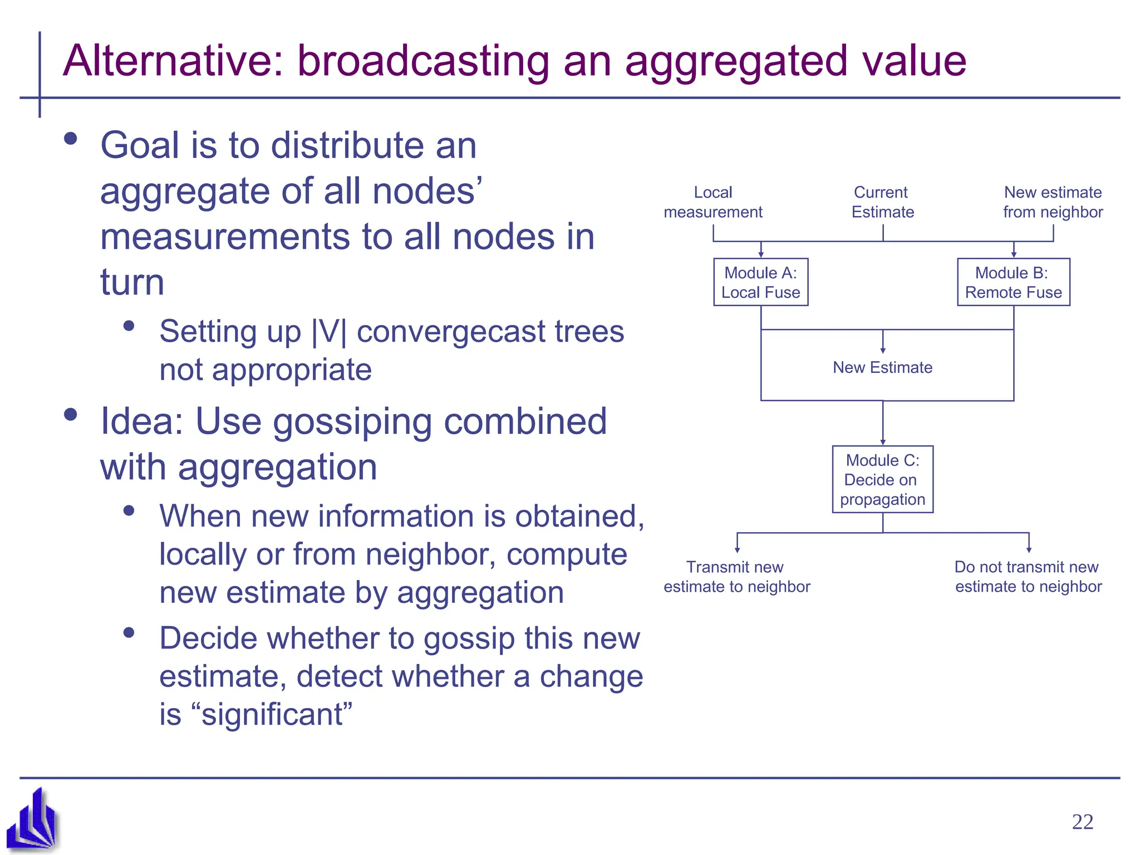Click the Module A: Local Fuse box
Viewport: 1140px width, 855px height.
coord(760,282)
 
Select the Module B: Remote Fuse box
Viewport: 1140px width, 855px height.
coord(1013,282)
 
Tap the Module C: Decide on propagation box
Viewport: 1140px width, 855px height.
coord(882,479)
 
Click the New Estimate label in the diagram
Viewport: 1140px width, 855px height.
coord(882,367)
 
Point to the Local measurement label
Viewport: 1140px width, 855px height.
coord(713,202)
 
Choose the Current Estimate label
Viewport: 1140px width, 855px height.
coord(882,202)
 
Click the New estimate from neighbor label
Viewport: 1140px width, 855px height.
coord(1053,202)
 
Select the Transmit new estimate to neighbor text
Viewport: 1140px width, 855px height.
coord(736,577)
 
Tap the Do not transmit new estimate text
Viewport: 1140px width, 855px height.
coord(1028,577)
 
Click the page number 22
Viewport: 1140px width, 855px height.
coord(1082,822)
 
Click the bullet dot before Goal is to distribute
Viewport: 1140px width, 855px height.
coord(71,139)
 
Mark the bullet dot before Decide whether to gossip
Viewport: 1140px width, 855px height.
coord(129,632)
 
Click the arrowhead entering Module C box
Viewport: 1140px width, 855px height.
coord(883,442)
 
